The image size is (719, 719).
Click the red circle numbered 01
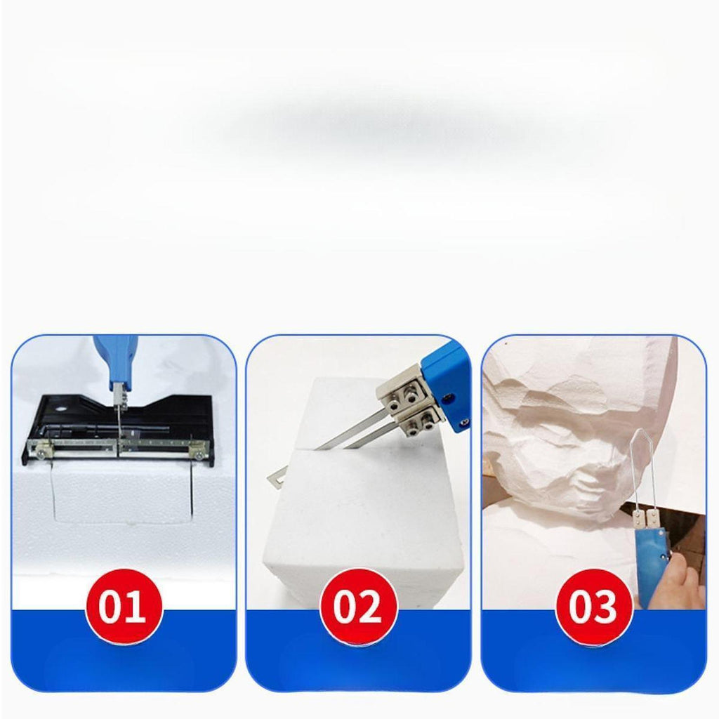tap(124, 606)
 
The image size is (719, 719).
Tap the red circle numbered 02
tap(358, 606)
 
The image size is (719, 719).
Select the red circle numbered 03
tap(593, 606)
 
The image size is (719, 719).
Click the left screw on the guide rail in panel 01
tap(41, 454)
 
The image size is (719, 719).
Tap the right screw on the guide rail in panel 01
tap(199, 455)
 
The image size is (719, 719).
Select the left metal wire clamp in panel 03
tap(638, 517)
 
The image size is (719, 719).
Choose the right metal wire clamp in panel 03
tap(652, 518)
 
